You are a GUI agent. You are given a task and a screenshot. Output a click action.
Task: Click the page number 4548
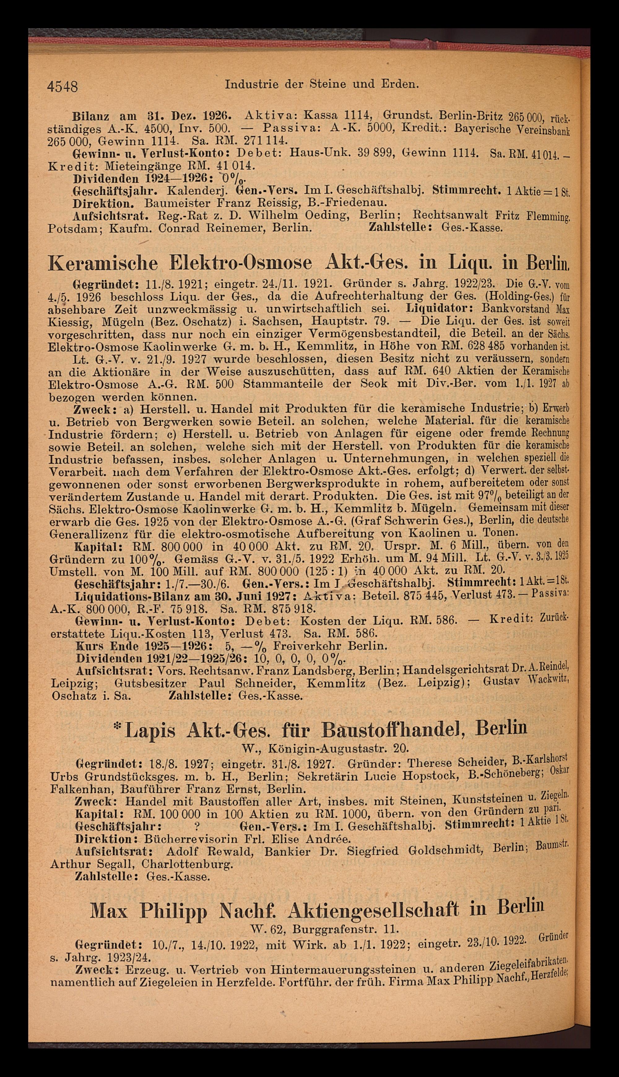point(63,87)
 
